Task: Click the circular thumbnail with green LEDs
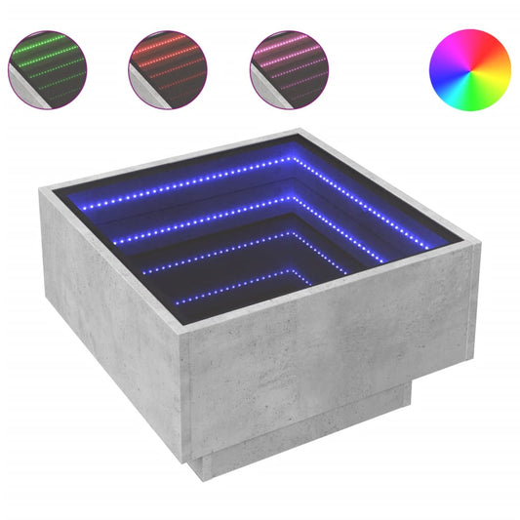point(48,69)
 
